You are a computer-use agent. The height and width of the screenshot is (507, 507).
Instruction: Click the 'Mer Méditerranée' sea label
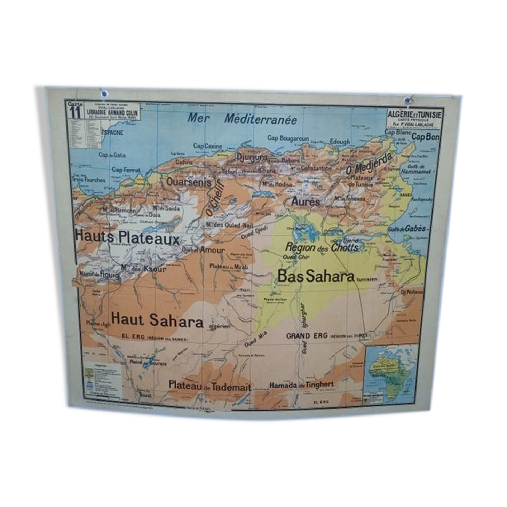pos(242,119)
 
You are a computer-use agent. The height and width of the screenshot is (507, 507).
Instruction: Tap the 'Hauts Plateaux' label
pos(127,237)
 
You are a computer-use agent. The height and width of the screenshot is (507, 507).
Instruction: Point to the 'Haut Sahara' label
pos(157,320)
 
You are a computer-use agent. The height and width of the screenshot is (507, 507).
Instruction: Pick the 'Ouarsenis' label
pos(189,182)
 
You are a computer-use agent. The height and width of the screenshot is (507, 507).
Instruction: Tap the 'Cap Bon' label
pos(425,137)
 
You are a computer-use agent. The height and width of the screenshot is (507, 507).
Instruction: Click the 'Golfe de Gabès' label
pos(407,229)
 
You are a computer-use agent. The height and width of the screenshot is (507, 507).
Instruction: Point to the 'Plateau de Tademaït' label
pos(210,386)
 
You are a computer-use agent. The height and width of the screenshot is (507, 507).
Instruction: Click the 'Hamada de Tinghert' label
pos(302,385)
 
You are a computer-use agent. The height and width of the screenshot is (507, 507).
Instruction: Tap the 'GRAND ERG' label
pos(307,335)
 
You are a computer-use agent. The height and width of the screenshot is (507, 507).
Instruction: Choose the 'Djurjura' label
pos(252,157)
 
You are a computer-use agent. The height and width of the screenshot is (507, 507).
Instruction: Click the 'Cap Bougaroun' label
pos(288,138)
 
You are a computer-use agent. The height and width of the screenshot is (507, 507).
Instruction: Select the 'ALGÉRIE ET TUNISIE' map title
pos(415,114)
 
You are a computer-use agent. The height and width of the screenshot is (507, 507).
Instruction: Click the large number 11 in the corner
pos(75,112)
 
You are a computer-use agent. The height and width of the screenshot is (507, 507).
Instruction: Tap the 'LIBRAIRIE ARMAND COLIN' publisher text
pos(112,113)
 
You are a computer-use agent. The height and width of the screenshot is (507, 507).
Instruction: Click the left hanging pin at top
pos(104,93)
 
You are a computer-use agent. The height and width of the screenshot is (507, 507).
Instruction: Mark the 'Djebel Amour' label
pos(204,250)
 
